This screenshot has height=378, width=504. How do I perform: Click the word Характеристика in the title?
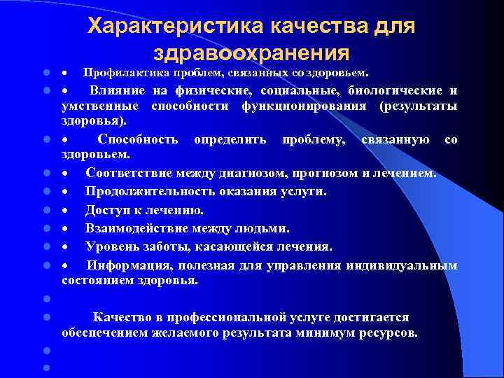(x=168, y=26)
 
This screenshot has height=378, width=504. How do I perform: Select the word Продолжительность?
(x=146, y=191)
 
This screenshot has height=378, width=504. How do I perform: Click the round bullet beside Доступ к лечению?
(x=45, y=210)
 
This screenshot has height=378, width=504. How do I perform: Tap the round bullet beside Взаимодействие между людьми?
(x=45, y=229)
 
